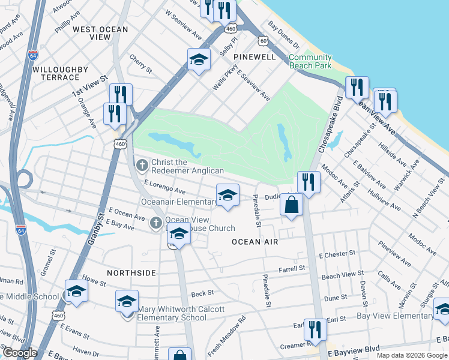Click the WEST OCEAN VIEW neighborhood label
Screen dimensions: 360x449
[100, 33]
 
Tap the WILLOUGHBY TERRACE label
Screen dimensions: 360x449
[56, 73]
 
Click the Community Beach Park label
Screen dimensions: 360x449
[310, 61]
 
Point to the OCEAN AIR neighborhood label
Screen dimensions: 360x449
[255, 241]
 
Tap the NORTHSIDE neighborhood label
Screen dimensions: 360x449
[131, 273]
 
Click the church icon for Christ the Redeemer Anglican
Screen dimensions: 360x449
[142, 164]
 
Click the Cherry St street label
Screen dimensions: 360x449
[140, 63]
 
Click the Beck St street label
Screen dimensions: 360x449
[202, 293]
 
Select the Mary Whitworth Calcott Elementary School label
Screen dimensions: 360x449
[172, 314]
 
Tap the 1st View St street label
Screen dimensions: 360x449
[89, 86]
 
